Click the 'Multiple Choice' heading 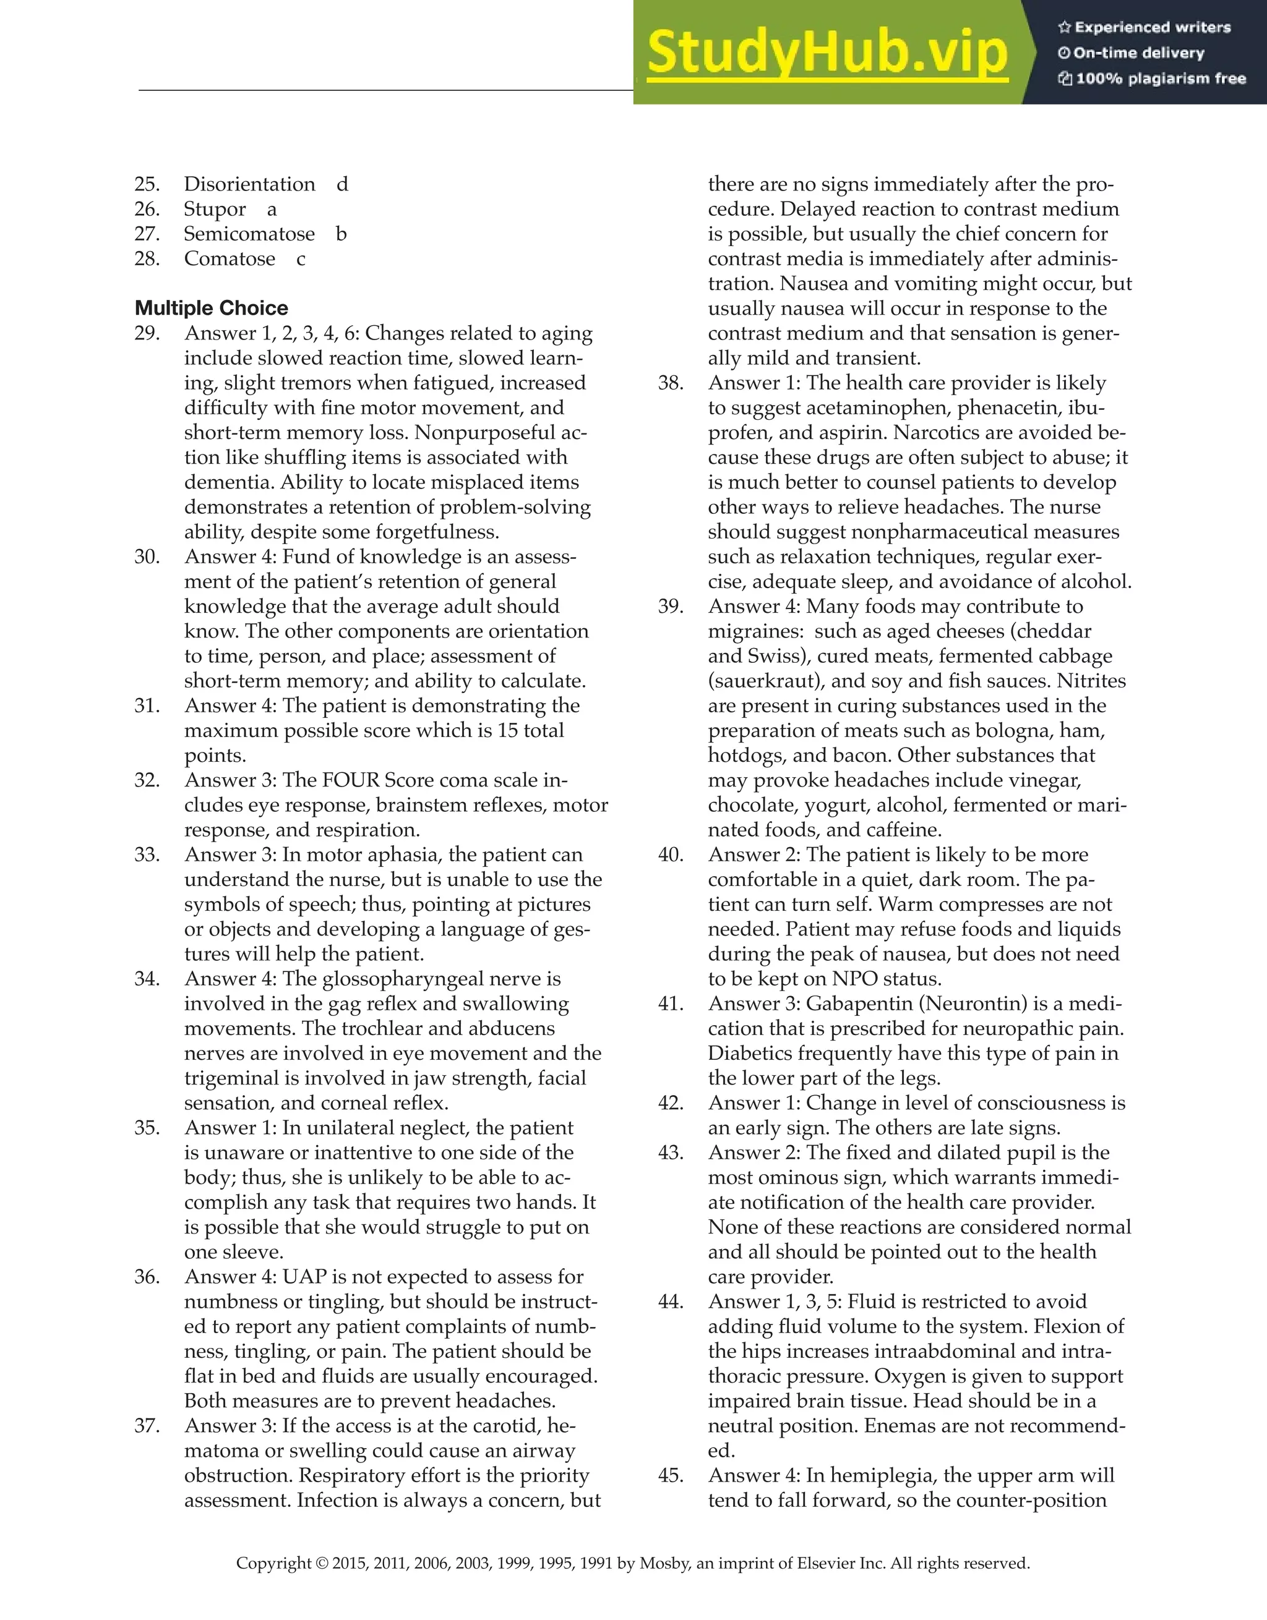point(212,308)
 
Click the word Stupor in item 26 point(215,209)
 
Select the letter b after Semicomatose point(341,234)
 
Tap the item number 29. point(147,333)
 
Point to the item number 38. point(671,383)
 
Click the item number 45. point(671,1475)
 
